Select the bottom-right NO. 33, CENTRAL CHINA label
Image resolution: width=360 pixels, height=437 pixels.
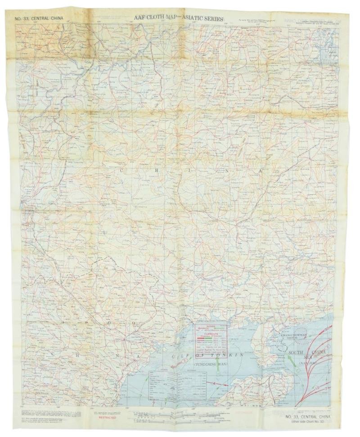pos(310,417)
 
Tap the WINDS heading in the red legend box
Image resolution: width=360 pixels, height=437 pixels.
pos(211,327)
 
